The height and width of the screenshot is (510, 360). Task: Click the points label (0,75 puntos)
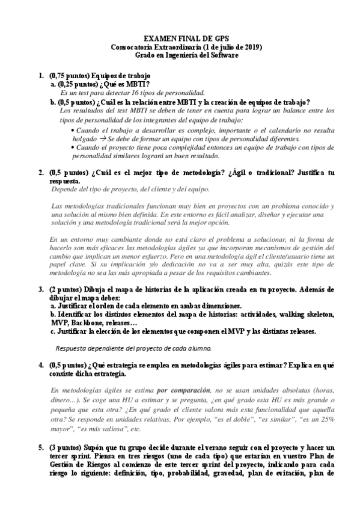tap(69, 76)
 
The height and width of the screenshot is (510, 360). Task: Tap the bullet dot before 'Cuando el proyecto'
tap(73, 147)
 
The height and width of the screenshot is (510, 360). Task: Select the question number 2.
tap(40, 173)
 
